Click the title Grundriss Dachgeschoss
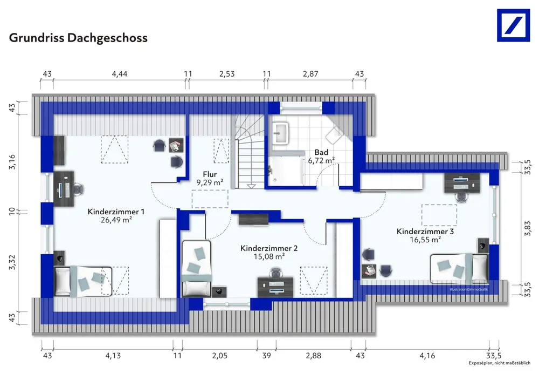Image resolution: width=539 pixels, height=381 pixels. pos(78,38)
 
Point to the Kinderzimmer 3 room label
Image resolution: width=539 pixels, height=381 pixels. pos(425,231)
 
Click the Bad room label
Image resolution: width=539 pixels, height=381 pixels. pos(322,153)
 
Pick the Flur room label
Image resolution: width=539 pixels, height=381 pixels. pos(210,174)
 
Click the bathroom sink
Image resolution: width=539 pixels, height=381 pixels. pos(280,133)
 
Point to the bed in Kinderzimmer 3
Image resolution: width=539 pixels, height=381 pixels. pos(459,267)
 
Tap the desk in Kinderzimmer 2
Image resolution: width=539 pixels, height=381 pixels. pos(276,284)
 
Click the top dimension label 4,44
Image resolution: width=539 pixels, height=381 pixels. pos(120,74)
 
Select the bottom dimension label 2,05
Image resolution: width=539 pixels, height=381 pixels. pos(219,356)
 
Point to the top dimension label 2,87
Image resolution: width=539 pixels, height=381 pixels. pos(310,74)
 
